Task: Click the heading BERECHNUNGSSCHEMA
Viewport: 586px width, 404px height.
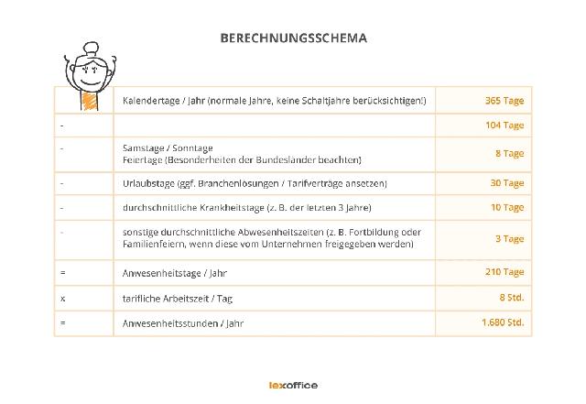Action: click(x=293, y=38)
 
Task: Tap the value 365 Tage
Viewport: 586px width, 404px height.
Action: click(x=505, y=100)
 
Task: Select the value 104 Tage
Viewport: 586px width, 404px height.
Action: click(x=505, y=126)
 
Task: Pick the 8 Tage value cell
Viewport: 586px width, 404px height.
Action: click(x=509, y=154)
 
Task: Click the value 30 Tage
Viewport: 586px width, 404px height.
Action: click(x=506, y=183)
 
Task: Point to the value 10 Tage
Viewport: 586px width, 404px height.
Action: click(x=506, y=208)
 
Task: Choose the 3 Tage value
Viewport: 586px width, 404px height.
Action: click(x=509, y=239)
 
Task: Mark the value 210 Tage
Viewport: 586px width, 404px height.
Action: click(x=505, y=272)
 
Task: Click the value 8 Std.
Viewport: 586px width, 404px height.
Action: click(x=511, y=298)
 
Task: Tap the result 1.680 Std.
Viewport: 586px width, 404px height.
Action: click(x=503, y=323)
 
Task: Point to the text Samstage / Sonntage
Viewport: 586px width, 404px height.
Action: click(x=168, y=147)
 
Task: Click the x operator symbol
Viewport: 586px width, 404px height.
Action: click(x=62, y=299)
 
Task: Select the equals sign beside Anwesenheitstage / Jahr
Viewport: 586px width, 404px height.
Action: click(x=62, y=273)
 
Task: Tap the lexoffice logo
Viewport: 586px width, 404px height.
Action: click(x=292, y=386)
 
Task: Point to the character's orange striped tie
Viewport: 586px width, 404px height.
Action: click(x=90, y=101)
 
